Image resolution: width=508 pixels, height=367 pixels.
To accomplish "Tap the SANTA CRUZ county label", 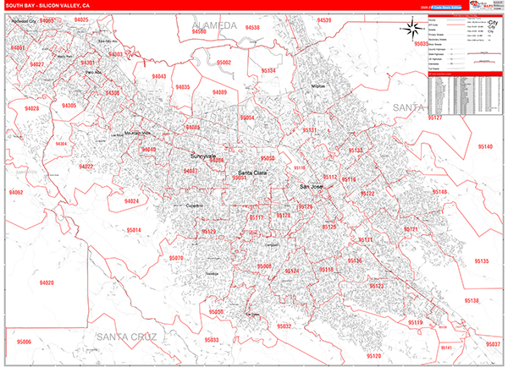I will coord(126,337).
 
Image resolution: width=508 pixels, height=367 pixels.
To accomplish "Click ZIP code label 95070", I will coord(176,258).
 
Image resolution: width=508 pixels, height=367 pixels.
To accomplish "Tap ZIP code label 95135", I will coord(480,261).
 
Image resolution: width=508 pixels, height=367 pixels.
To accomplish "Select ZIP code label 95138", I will coord(472,300).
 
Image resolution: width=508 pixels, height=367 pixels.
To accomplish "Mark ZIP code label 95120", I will coord(376,287).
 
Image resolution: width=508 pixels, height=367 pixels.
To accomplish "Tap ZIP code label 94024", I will coord(131,201).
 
